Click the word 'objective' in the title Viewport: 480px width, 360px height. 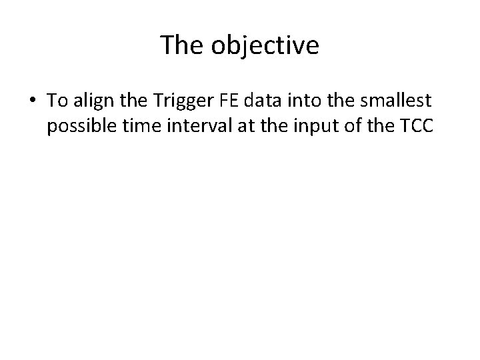point(267,47)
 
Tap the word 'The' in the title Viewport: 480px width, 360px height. point(185,47)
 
